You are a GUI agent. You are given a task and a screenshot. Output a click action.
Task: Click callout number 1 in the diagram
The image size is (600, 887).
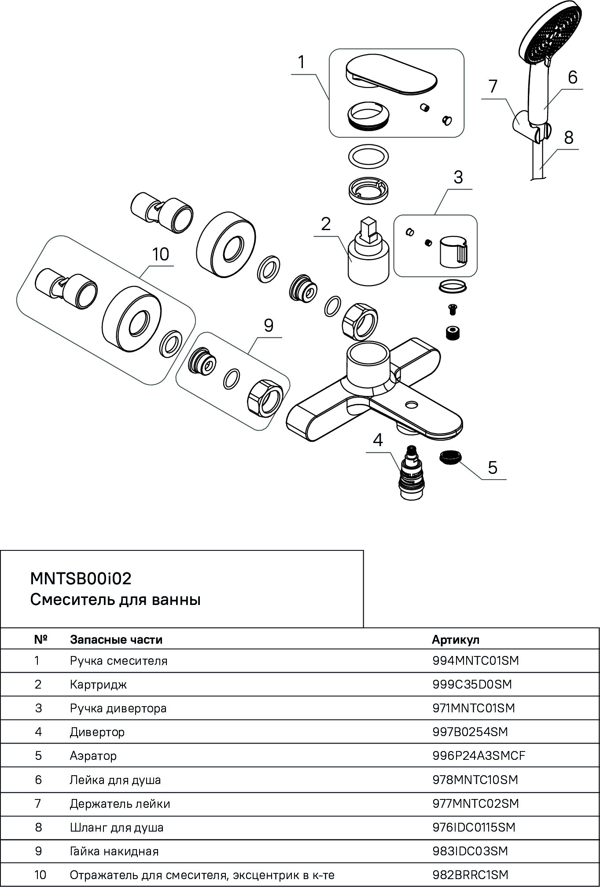point(302,62)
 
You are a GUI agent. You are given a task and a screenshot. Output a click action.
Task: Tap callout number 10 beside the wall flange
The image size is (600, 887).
point(161,254)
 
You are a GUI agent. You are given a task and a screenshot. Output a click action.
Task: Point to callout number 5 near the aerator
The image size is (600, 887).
point(492,467)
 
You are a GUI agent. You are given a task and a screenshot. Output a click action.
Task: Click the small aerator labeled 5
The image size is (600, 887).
point(449,457)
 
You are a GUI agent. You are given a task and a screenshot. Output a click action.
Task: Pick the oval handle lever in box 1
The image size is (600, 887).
point(391,75)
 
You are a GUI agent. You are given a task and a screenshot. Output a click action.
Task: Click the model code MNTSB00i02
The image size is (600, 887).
point(81,579)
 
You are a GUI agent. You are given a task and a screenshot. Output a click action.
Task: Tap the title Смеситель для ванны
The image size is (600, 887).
point(115,600)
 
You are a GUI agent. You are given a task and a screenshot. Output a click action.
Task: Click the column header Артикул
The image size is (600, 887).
point(456,639)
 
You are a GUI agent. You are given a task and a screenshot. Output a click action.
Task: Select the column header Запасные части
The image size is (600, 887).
point(116,640)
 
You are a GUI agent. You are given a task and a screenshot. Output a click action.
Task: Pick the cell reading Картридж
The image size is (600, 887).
point(98,685)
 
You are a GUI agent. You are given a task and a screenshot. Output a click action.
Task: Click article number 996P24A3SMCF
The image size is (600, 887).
point(479,755)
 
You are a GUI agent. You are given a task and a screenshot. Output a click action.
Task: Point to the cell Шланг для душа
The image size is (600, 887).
point(117,828)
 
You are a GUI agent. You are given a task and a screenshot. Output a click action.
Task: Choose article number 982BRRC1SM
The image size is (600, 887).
point(470,874)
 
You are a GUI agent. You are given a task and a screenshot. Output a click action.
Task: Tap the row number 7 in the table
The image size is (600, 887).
point(38,803)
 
